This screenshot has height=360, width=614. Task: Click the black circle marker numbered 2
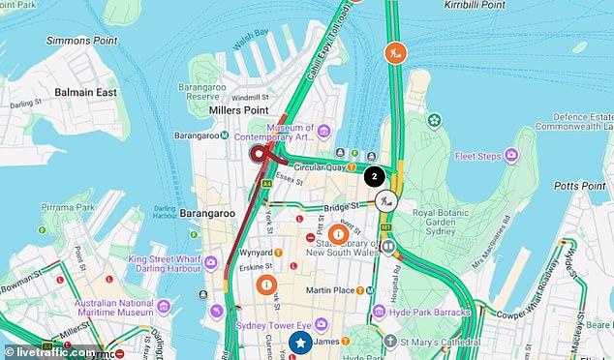point(374,176)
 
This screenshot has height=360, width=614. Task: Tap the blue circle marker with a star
point(301,343)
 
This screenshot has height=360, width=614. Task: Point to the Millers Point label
point(240,110)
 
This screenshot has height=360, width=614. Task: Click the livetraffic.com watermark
point(52,351)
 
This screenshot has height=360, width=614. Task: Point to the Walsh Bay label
point(250,34)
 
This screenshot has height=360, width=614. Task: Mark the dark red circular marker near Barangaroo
point(259,153)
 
